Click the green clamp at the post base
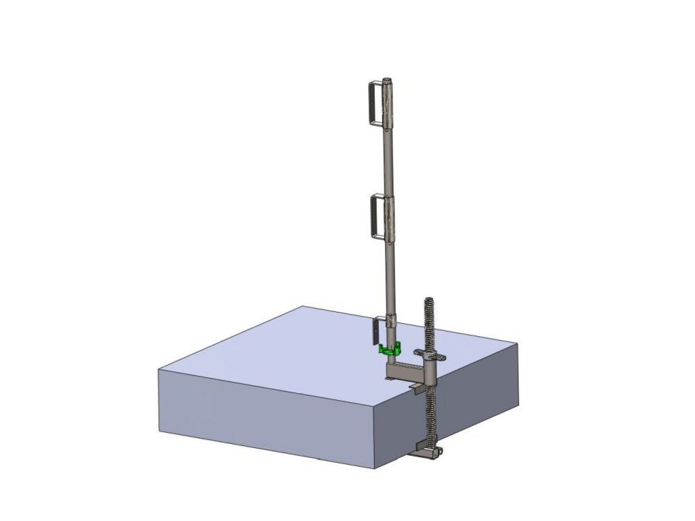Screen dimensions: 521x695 point(388,350)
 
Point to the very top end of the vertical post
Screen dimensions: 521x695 point(388,81)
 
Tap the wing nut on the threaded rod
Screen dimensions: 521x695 point(431,356)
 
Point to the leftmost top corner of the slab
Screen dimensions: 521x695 point(159,370)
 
